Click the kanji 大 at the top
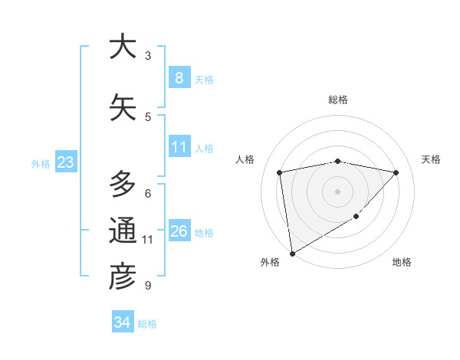point(123,47)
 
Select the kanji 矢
point(123,108)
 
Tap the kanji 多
point(123,185)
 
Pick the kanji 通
point(123,231)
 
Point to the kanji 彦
point(123,277)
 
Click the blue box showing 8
point(179,78)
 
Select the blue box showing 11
point(179,147)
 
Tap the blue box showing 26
point(179,231)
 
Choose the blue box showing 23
point(65,162)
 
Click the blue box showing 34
point(123,322)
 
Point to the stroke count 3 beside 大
point(148,56)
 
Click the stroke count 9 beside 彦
point(148,286)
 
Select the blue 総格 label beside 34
point(147,324)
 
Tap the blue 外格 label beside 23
point(41,163)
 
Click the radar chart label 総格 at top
point(337,100)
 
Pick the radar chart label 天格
point(432,159)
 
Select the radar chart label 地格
point(402,262)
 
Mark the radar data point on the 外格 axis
point(292,253)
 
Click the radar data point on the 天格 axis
point(396,172)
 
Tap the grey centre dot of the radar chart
point(337,191)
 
